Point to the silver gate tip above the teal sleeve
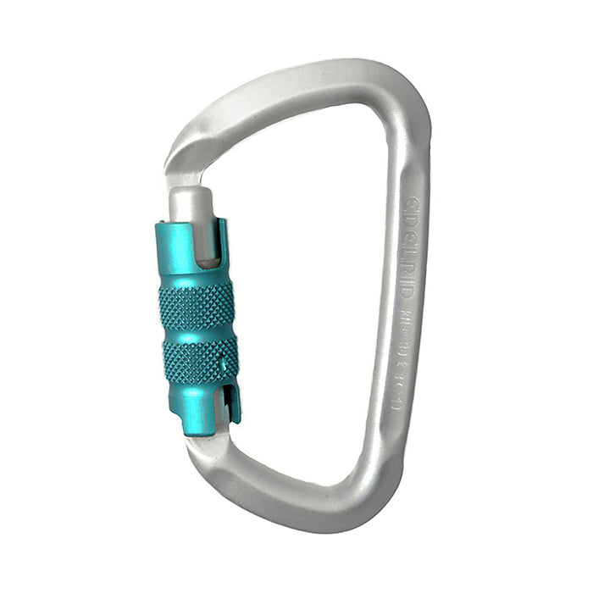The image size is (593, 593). [190, 203]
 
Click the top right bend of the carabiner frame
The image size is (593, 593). [398, 102]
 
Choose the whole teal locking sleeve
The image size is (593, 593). [197, 326]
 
